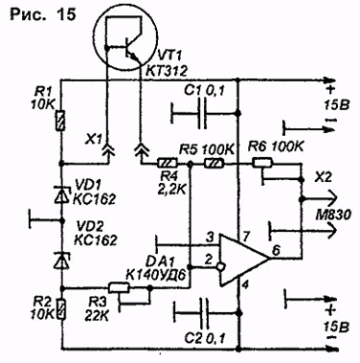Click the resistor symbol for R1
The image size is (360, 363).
coord(60,121)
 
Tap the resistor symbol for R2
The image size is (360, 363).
coord(60,309)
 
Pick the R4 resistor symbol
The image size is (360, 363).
coord(168,164)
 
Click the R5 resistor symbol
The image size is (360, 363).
coord(214,164)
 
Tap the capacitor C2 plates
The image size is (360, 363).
coord(204,313)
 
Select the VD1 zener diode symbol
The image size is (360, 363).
coord(61,195)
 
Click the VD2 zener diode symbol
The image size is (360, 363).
coord(61,261)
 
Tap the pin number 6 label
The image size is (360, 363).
coord(277,251)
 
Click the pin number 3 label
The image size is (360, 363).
coord(210,238)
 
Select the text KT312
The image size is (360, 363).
coord(166,71)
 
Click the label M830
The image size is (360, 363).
coord(332,215)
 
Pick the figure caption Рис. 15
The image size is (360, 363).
coord(43,15)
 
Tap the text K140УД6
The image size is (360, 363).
coord(156,274)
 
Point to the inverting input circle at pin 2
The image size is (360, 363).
coord(220,266)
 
